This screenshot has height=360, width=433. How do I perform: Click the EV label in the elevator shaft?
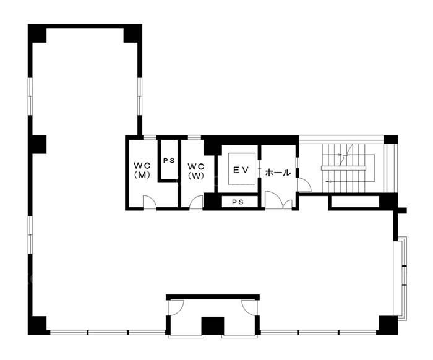coord(241,170)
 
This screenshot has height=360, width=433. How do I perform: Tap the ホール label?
coord(278,173)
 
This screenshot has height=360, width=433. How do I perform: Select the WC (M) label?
coord(142,170)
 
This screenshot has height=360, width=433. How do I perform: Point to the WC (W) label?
coord(196,171)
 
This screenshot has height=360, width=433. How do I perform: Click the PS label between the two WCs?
coord(169,161)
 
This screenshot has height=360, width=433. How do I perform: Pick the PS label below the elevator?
coord(238,202)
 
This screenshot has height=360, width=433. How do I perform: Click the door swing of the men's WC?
coord(150,202)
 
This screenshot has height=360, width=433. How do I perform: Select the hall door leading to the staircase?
coord(304,185)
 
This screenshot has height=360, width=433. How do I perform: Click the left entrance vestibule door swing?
coord(176,307)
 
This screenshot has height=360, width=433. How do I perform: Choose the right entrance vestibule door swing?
coord(249,307)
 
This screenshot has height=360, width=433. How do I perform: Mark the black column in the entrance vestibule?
coord(213,326)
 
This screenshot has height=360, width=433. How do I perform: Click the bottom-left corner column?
coord(37,325)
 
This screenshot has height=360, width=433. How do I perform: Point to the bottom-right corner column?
coord(388,325)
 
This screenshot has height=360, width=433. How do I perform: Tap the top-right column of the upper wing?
coord(132,33)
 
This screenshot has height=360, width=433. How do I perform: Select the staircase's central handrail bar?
coord(343,168)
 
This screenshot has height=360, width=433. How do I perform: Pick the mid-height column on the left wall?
coord(37,144)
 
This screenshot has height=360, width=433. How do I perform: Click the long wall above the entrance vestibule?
coord(213,298)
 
